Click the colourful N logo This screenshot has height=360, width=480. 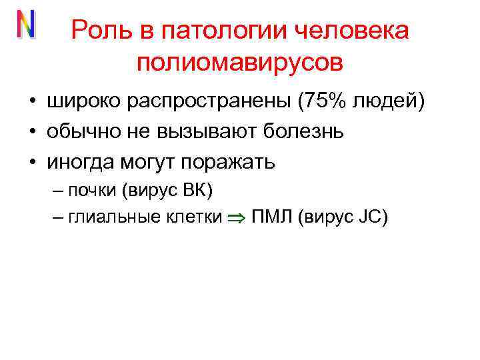tap(26, 25)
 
